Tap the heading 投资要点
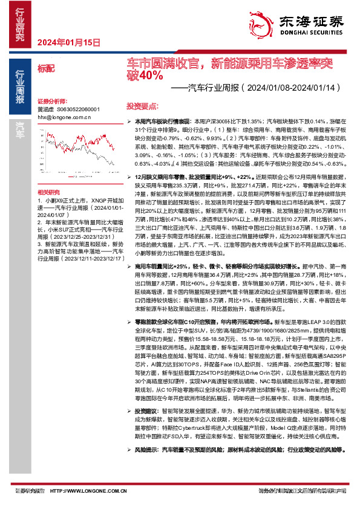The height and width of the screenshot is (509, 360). tap(142, 105)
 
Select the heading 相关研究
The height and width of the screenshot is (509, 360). tap(48, 174)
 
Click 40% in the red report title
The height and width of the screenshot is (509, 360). tap(151, 75)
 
